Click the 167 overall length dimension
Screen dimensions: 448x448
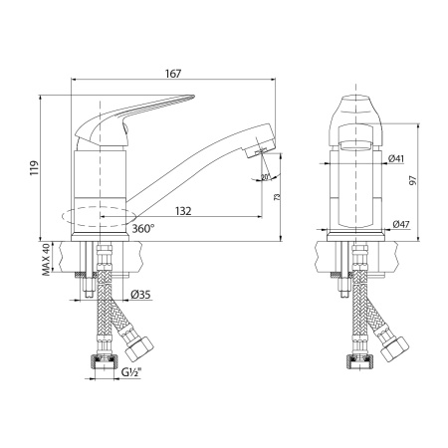click(x=175, y=74)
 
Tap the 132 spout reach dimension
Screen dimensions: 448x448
click(x=182, y=210)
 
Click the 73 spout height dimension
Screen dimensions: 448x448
click(x=276, y=197)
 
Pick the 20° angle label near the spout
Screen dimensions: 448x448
click(x=262, y=178)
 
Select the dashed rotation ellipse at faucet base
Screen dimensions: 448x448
click(x=97, y=218)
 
